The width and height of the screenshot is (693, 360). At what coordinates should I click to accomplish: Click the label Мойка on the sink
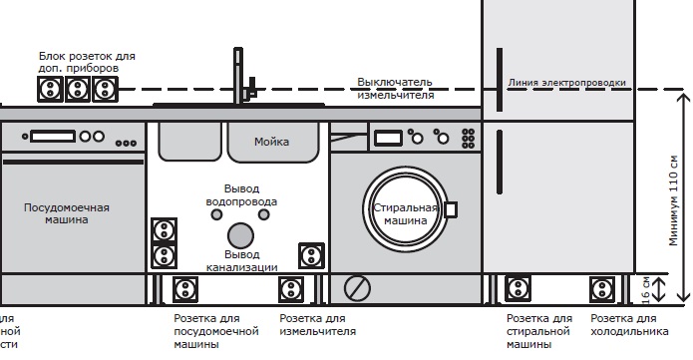click(x=271, y=142)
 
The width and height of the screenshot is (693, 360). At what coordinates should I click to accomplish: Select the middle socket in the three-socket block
click(x=77, y=90)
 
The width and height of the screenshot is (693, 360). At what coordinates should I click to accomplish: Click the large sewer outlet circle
click(x=240, y=235)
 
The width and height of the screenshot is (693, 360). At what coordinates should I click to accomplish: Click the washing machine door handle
click(x=450, y=209)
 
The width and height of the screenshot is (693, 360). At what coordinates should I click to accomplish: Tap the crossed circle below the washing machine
click(x=357, y=289)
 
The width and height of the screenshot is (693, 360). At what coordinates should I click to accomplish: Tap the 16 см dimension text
click(x=645, y=289)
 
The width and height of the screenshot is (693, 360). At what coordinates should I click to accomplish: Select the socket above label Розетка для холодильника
click(x=602, y=290)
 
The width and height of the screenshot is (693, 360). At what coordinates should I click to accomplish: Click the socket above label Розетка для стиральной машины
click(x=518, y=290)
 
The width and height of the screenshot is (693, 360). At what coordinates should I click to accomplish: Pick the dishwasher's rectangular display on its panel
click(x=52, y=137)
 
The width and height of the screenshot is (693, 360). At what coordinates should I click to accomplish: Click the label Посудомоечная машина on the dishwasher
click(x=67, y=213)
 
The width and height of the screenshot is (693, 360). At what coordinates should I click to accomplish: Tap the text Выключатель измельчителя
click(x=396, y=88)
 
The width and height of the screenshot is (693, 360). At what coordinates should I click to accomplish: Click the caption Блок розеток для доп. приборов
click(x=87, y=62)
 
